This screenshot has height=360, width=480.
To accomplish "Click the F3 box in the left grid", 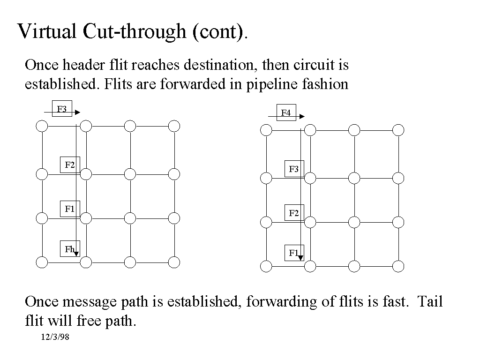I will (62, 109).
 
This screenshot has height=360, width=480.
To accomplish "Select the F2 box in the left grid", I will (70, 165).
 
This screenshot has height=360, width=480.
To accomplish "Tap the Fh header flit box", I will (69, 249).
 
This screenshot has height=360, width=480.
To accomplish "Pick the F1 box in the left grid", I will (70, 209).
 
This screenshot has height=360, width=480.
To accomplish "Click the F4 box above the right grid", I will (286, 112).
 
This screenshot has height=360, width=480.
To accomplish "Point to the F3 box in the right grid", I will (294, 169).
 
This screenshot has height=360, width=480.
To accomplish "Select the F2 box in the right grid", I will (294, 213).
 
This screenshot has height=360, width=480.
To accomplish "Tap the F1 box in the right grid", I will (294, 253).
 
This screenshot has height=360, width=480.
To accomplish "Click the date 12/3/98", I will (55, 337).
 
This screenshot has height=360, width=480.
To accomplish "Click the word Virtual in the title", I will (47, 31).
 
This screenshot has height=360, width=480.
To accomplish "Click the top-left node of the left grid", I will (42, 126).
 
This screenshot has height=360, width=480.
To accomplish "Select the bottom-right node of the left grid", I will (174, 262).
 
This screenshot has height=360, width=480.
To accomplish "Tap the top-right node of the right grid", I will (398, 130).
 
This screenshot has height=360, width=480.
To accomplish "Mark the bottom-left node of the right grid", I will (266, 267).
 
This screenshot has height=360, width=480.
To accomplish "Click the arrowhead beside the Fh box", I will (76, 254).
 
